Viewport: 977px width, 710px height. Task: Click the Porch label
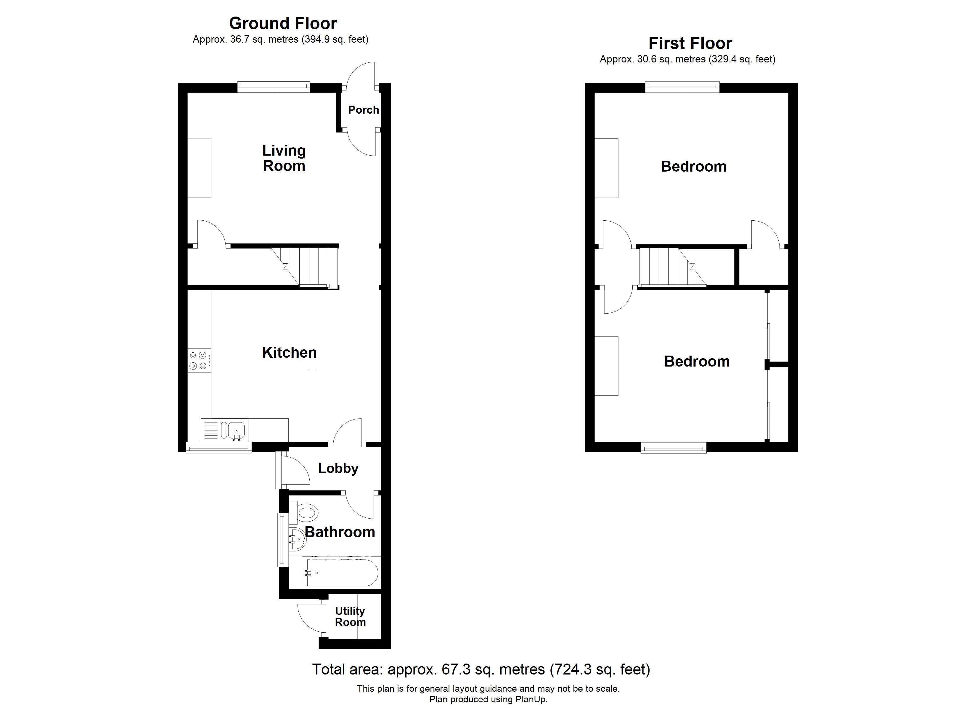click(363, 110)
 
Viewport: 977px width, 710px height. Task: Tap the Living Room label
click(284, 158)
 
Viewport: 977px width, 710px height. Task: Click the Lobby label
click(338, 469)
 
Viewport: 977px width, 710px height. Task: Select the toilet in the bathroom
click(307, 513)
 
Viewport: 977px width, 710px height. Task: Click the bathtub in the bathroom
click(340, 573)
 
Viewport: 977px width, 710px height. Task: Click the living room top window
click(274, 87)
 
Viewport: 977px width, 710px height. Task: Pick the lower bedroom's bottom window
click(673, 448)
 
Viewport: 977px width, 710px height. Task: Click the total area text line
click(481, 669)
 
